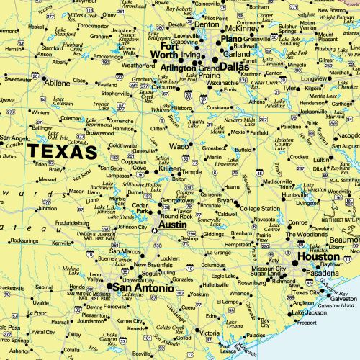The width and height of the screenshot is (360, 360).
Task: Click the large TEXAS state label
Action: (62, 153)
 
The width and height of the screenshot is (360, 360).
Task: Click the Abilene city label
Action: (58, 82)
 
